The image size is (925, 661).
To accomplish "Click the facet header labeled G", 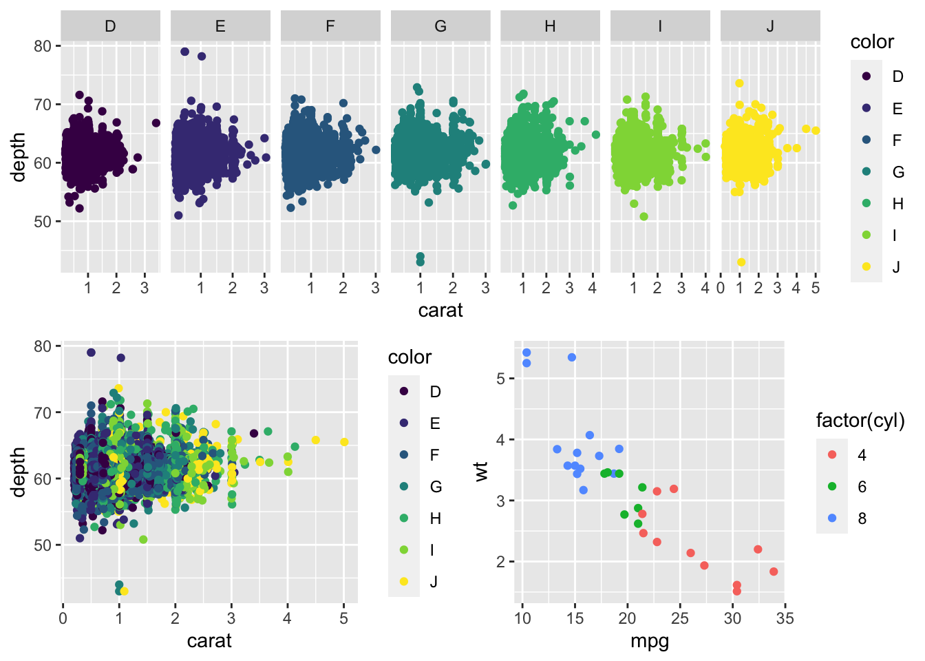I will point(440,26).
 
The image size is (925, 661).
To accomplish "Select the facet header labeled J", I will point(769,26).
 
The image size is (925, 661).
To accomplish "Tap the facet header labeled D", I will point(110,26).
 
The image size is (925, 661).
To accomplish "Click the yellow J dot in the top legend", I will point(866,266).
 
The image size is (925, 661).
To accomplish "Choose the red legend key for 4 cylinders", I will point(833,455).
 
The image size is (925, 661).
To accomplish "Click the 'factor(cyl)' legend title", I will point(860,420).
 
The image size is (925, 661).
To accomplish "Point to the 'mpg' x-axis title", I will point(649,642).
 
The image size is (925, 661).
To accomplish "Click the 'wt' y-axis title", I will point(481,471).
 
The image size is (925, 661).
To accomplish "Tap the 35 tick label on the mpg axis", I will point(785,618).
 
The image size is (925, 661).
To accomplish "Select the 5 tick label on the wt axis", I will point(501,379).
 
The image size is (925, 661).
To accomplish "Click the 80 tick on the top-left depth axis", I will point(43,46).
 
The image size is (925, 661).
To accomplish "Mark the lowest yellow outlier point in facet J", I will point(741,262).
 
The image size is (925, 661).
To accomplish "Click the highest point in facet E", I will point(184,52).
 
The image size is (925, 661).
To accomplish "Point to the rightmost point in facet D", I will point(156,123).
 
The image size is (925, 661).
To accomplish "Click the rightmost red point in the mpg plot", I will point(774,571).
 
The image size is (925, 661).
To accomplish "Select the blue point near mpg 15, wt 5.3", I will point(572,357).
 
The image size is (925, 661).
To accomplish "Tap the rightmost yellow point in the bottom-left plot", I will point(344,442).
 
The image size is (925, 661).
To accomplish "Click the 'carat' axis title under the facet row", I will point(440,311).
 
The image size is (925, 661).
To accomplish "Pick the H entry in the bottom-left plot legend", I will point(435,518).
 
